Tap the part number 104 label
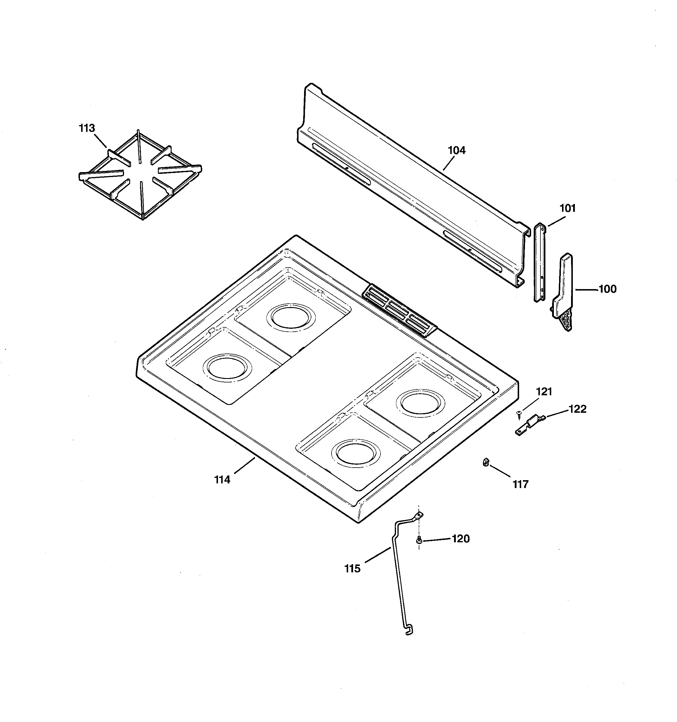tap(456, 150)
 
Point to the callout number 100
tap(608, 289)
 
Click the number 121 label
tap(544, 391)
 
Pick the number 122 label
tap(577, 409)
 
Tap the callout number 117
tap(520, 484)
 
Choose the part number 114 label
tap(222, 480)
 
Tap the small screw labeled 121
tap(519, 413)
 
